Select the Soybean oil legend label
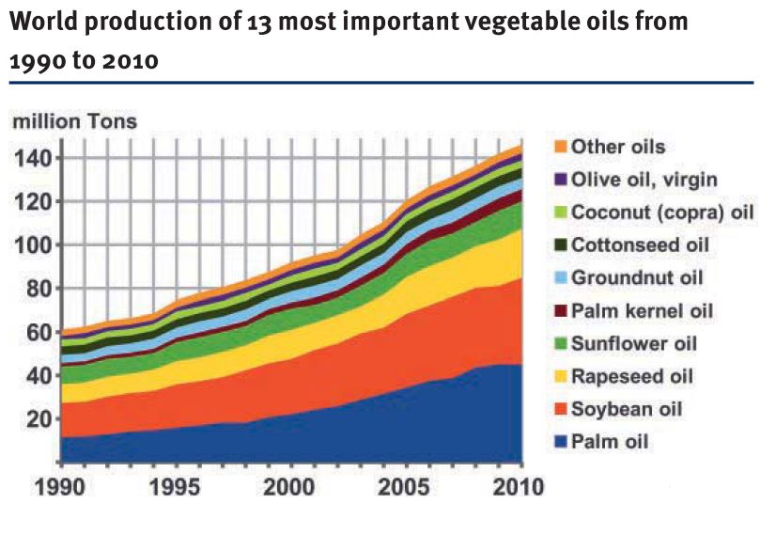coord(626,410)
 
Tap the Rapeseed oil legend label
coord(631,377)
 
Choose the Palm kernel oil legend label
coord(642,311)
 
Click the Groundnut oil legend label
coord(637,278)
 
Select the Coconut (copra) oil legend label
coord(662,213)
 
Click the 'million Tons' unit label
coord(74,121)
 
